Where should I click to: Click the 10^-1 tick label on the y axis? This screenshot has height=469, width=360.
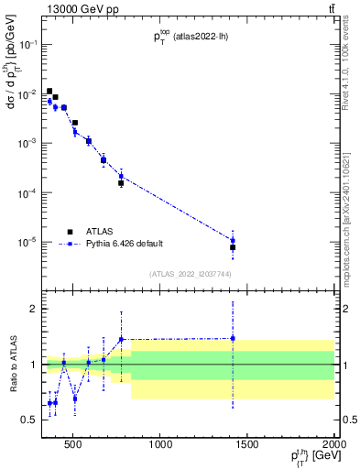point(27,44)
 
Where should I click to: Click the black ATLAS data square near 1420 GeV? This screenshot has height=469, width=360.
point(233,247)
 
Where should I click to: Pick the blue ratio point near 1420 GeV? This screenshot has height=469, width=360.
point(233,338)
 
